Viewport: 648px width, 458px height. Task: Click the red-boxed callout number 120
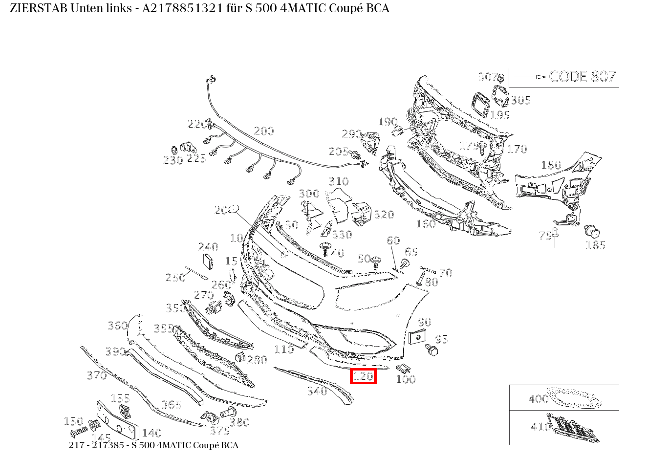pyautogui.click(x=363, y=376)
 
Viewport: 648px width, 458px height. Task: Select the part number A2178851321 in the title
pyautogui.click(x=183, y=8)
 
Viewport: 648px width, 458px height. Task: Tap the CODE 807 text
pyautogui.click(x=583, y=76)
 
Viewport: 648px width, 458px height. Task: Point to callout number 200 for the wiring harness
pyautogui.click(x=264, y=131)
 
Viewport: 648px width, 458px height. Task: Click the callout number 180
pyautogui.click(x=551, y=165)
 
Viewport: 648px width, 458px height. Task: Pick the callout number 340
pyautogui.click(x=317, y=391)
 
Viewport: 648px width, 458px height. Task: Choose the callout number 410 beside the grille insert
pyautogui.click(x=540, y=426)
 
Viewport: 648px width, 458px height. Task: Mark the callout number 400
pyautogui.click(x=539, y=399)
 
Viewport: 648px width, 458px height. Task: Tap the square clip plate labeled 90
pyautogui.click(x=417, y=337)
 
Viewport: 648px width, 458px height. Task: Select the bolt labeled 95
pyautogui.click(x=432, y=350)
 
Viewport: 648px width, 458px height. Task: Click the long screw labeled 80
pyautogui.click(x=421, y=278)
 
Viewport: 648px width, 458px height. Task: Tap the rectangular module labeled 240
pyautogui.click(x=208, y=262)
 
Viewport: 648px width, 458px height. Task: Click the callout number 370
pyautogui.click(x=97, y=375)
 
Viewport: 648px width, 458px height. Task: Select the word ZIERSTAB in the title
pyautogui.click(x=39, y=8)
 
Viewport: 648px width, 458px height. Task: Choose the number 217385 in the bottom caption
pyautogui.click(x=108, y=445)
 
